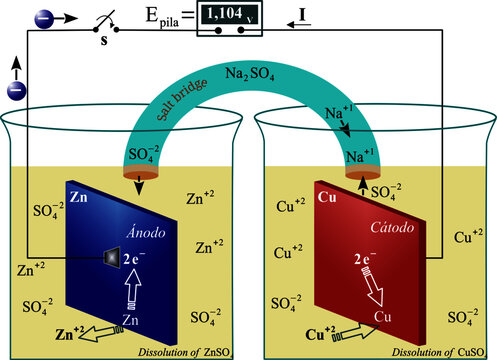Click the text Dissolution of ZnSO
click(185, 350)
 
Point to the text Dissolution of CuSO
click(433, 350)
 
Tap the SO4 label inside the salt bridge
click(143, 153)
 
